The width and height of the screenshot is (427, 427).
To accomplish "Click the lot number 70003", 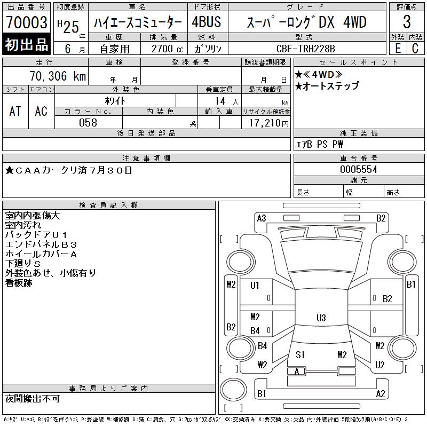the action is point(27,22).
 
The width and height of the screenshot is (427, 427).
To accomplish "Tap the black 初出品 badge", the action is point(26,44).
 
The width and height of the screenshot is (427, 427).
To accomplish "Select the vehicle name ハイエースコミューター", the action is point(138,22).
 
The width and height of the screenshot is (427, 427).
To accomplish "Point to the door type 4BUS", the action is point(206,22).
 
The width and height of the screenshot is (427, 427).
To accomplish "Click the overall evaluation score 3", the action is point(407,22).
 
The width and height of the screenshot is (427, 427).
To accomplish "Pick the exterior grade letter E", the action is point(398,49).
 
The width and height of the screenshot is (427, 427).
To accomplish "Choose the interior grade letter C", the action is point(415,49).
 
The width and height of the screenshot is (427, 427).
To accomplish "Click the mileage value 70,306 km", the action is point(58,76).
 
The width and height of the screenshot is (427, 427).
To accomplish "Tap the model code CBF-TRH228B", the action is point(305,49).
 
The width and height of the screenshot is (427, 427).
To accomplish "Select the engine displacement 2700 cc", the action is point(167,49).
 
